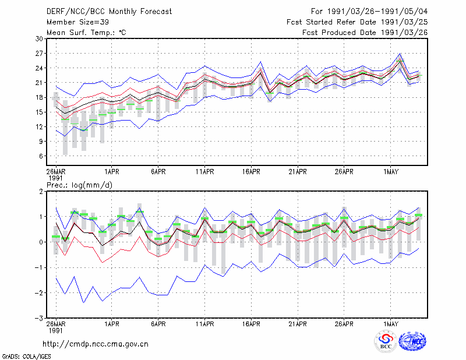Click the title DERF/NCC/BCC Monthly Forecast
109,12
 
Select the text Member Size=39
77,22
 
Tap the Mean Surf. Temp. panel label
86,33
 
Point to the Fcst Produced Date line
365,33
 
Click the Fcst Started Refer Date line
357,22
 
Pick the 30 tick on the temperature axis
39,38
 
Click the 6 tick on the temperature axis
41,156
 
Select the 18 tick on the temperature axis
39,97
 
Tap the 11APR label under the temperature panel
205,171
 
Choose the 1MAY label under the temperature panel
390,171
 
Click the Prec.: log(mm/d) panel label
80,185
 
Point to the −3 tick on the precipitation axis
39,318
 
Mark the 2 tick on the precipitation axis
41,191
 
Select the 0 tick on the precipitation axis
41,242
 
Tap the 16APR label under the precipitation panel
251,324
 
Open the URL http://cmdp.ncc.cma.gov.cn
96,344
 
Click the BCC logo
386,341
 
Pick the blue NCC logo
412,341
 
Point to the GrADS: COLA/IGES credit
26,357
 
